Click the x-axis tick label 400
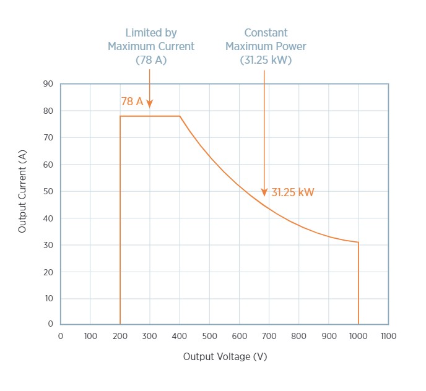coord(180,336)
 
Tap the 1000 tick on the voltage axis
coord(358,336)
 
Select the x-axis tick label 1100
coord(388,336)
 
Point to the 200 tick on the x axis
coord(120,336)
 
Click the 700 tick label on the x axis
coord(269,336)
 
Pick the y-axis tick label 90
coord(48,84)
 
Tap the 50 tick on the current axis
coord(48,192)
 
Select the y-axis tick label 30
coord(48,246)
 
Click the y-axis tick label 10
coord(48,299)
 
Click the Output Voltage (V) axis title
coord(225,357)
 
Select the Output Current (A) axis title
coord(22,192)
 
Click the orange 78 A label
coord(132,101)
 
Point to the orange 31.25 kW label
coord(293,192)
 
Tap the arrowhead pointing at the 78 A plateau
coord(150,105)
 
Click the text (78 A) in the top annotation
coord(151,61)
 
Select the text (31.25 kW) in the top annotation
coord(266,61)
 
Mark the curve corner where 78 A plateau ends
coord(180,116)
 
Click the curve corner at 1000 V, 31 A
coord(358,243)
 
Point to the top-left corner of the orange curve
coord(120,116)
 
